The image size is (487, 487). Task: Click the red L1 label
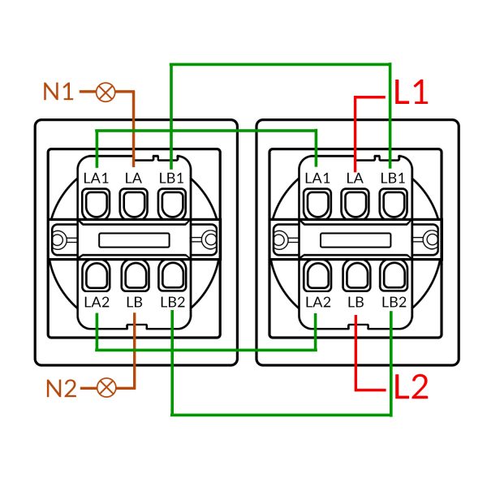point(411,93)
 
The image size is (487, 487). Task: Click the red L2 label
point(411,387)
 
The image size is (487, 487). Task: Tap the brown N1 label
point(58,92)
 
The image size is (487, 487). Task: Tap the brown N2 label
point(58,387)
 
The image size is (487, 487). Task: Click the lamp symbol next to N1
point(105,92)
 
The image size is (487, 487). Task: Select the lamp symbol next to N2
point(105,387)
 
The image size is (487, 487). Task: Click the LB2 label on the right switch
point(393,302)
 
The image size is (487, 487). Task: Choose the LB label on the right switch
point(355,302)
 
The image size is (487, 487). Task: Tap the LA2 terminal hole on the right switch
point(317,276)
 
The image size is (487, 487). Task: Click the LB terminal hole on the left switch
point(133,276)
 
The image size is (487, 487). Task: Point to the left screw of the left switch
point(58,239)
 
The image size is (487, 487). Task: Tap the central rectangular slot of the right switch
point(355,239)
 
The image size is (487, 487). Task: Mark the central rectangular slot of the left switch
point(133,239)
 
